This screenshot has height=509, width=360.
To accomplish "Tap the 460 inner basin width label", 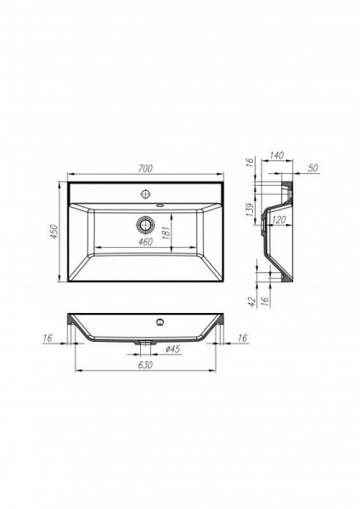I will click(x=145, y=243).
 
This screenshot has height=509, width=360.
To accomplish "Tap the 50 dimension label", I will click(x=312, y=170).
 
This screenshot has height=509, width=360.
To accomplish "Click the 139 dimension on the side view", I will click(x=251, y=210).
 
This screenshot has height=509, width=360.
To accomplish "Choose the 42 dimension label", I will click(x=251, y=300).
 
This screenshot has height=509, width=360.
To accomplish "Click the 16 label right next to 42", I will click(x=265, y=300).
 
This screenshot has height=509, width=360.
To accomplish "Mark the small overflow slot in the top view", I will click(x=161, y=204).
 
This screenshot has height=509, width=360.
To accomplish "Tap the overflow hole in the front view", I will click(x=159, y=323).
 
